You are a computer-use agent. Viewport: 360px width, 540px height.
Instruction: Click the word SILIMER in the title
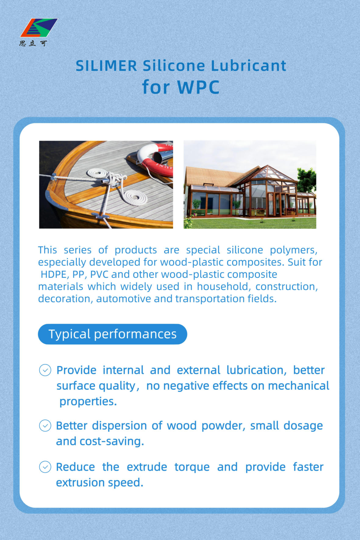click(x=106, y=66)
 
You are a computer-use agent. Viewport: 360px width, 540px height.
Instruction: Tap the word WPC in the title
click(x=198, y=87)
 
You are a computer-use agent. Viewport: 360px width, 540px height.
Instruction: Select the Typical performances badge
click(x=112, y=334)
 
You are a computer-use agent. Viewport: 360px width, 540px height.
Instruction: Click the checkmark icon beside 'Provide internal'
click(x=45, y=370)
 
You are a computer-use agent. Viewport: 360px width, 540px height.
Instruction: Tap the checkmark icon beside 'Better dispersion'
click(x=45, y=426)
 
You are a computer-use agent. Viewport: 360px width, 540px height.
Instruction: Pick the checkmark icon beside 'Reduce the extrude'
click(x=45, y=467)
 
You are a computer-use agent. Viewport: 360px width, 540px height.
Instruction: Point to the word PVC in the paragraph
click(x=99, y=274)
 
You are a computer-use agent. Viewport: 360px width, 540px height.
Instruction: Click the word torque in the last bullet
click(x=192, y=467)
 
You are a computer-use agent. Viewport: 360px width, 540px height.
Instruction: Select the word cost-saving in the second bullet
click(x=112, y=442)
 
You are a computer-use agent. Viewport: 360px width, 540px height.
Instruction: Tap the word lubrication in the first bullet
click(x=256, y=370)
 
